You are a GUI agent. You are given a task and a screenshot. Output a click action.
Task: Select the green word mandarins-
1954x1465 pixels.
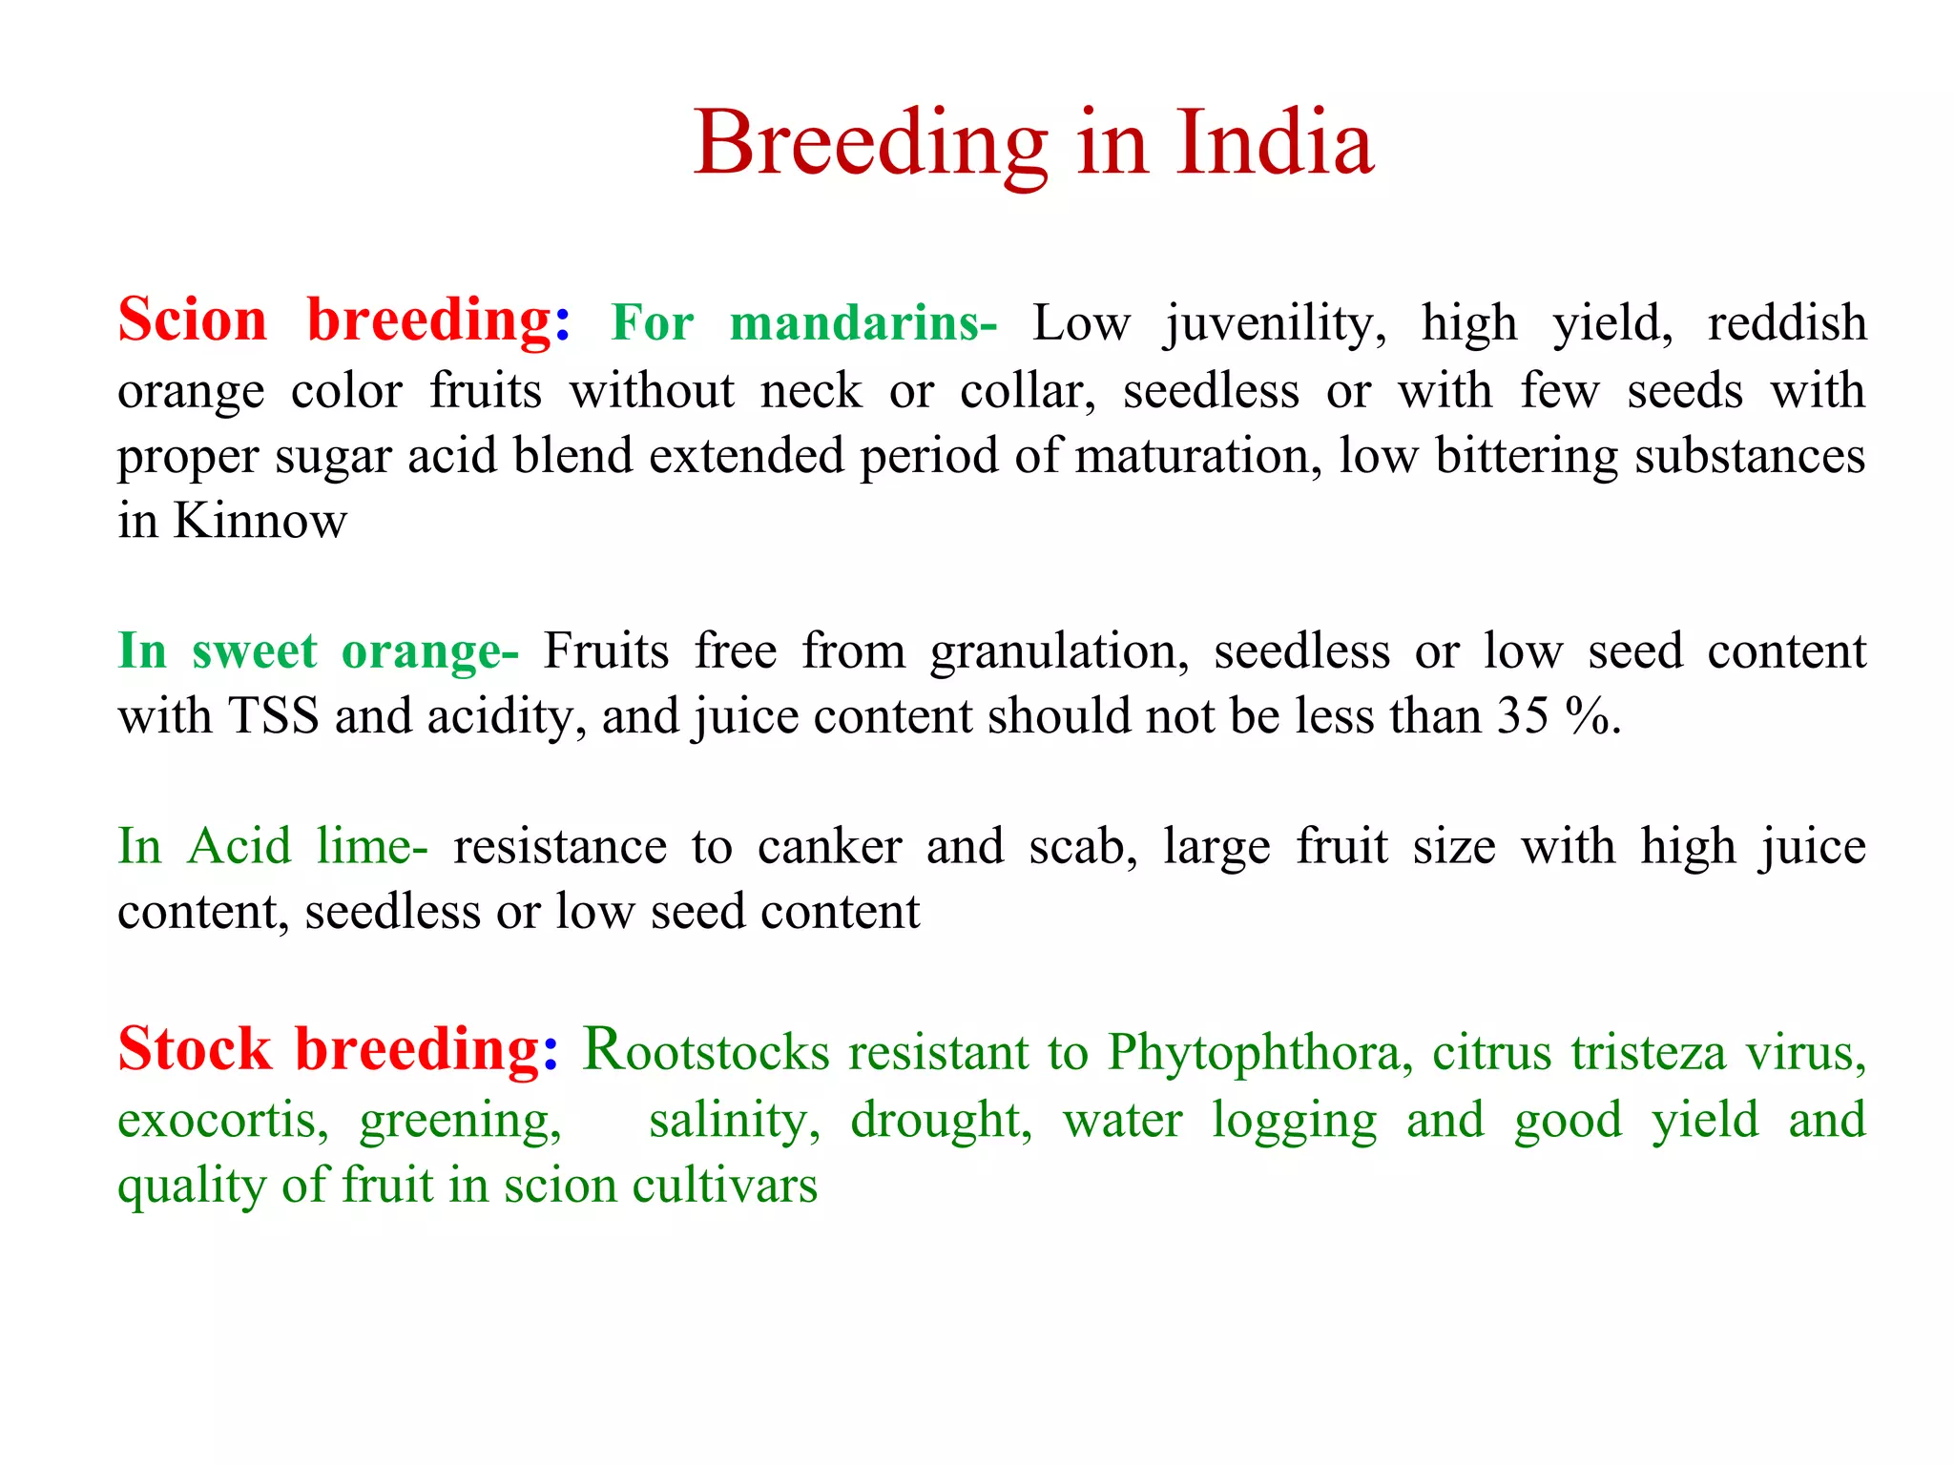click(x=863, y=322)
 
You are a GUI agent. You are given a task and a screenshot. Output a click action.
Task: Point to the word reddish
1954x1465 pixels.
click(x=1786, y=322)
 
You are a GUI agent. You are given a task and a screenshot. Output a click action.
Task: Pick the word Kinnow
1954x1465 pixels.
click(x=260, y=521)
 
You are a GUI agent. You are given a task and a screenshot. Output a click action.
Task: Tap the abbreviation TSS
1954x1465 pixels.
click(x=273, y=716)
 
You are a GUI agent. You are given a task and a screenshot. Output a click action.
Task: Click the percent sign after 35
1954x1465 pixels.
click(x=1589, y=716)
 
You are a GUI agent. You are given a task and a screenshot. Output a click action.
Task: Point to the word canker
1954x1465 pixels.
click(x=829, y=847)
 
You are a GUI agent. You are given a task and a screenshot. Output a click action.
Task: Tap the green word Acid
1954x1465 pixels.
click(x=239, y=847)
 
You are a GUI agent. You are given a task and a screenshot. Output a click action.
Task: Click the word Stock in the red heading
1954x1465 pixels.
click(x=195, y=1050)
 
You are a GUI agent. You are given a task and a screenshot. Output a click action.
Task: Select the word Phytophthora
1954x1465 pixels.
click(x=1259, y=1053)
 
